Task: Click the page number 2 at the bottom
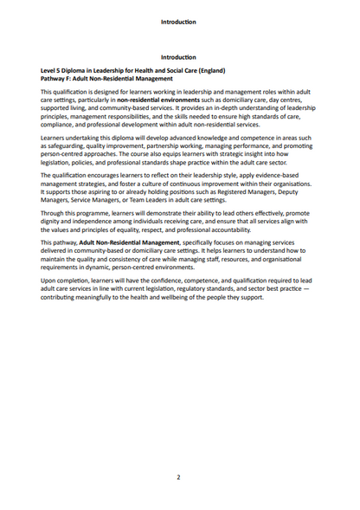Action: coord(179,477)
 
